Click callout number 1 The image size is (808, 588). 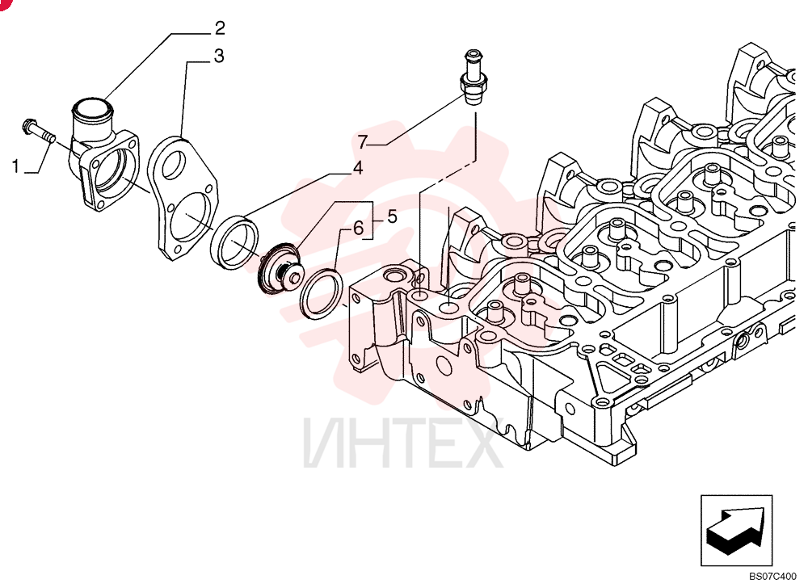pyautogui.click(x=16, y=166)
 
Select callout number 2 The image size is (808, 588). pyautogui.click(x=220, y=28)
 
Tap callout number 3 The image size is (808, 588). pyautogui.click(x=219, y=56)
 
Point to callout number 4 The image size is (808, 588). pyautogui.click(x=358, y=168)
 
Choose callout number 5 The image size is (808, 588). pyautogui.click(x=392, y=216)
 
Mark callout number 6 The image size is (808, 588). pyautogui.click(x=359, y=228)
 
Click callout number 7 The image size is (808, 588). pyautogui.click(x=363, y=141)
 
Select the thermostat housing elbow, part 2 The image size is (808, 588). pyautogui.click(x=104, y=154)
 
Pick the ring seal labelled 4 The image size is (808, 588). pyautogui.click(x=235, y=241)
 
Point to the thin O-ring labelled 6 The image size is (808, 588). pyautogui.click(x=322, y=293)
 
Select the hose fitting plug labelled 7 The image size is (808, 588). pyautogui.click(x=473, y=78)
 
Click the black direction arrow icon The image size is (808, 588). pyautogui.click(x=736, y=531)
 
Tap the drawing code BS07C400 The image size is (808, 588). pyautogui.click(x=776, y=576)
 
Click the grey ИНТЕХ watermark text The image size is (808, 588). pyautogui.click(x=402, y=443)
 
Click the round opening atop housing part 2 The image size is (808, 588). pyautogui.click(x=92, y=109)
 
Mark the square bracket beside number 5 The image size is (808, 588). pyautogui.click(x=372, y=220)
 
